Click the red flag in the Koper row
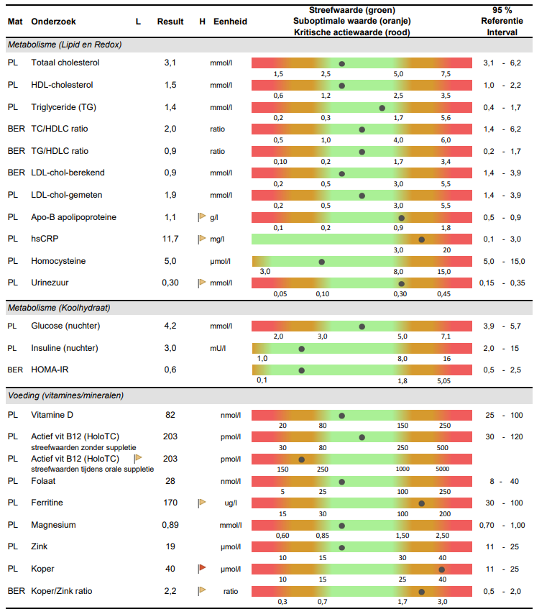[202, 569]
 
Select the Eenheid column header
[230, 22]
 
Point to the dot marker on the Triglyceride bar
[382, 108]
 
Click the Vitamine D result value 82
[170, 415]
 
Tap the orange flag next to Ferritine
[202, 503]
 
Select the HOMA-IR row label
[51, 370]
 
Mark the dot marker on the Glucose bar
[362, 326]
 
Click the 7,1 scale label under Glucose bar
[446, 336]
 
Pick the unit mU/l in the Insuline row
[218, 349]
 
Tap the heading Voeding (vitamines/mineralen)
[65, 395]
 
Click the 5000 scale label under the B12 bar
[442, 469]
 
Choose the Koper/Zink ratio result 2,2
[170, 591]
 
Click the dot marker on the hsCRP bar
[422, 239]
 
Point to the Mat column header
[15, 22]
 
